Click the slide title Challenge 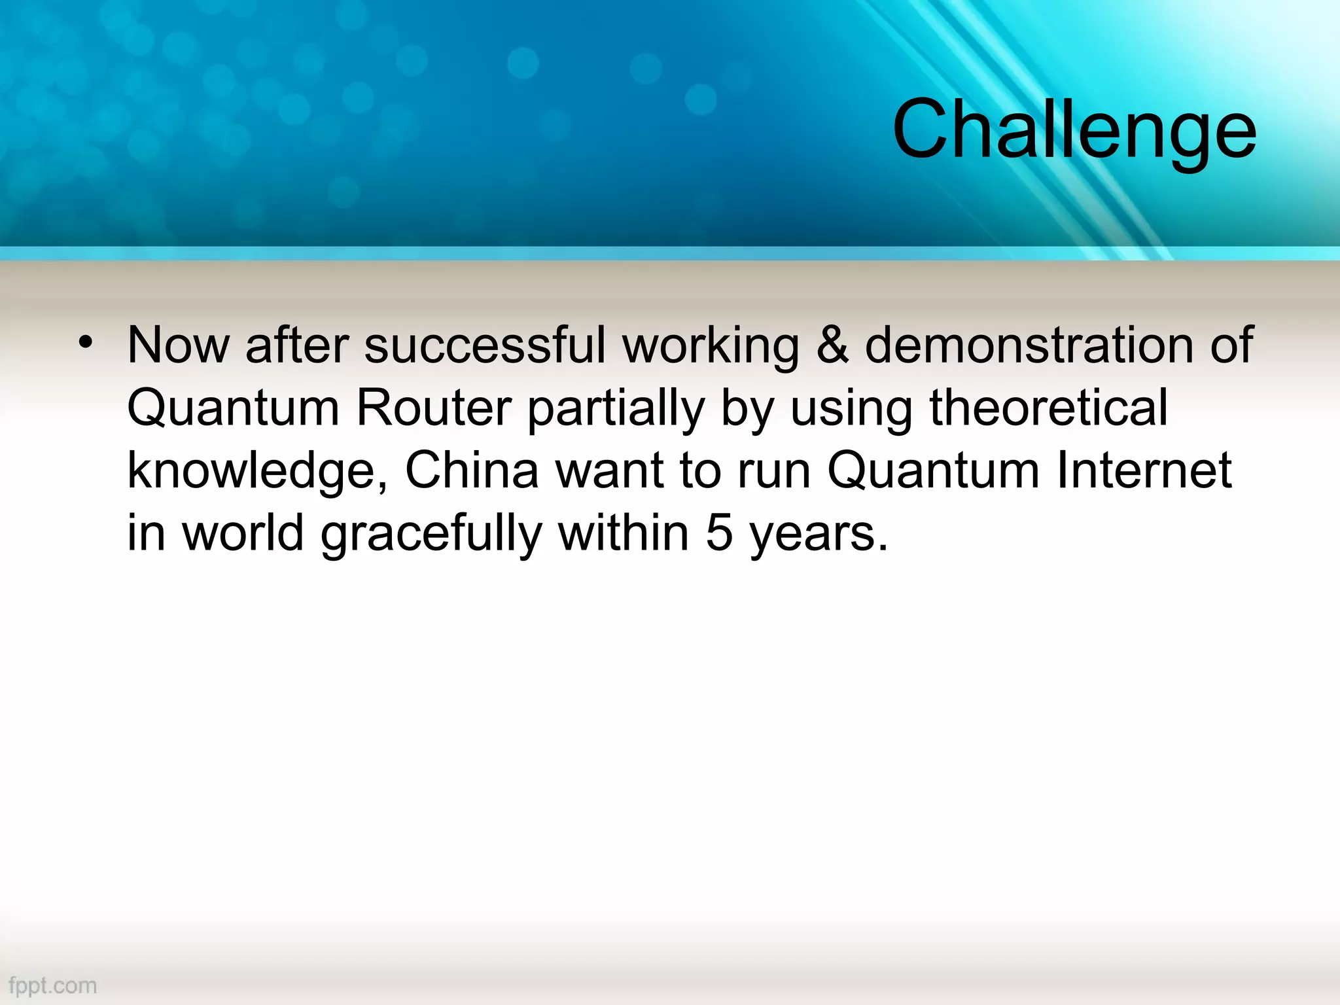(1074, 129)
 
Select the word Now (178, 345)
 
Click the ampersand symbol (832, 345)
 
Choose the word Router (433, 408)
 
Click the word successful (485, 345)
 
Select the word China (472, 470)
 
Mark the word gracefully (431, 533)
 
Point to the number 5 (719, 533)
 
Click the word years (818, 534)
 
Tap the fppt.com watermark (53, 985)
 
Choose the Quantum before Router (233, 408)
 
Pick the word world (243, 533)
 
